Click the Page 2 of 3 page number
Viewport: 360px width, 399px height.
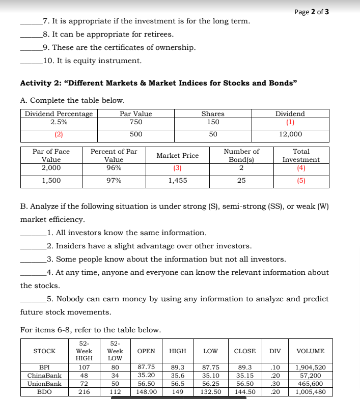[311, 12]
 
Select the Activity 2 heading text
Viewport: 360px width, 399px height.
[158, 83]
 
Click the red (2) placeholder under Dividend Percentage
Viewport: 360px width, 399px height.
[59, 134]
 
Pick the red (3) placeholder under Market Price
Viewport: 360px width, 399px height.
[177, 168]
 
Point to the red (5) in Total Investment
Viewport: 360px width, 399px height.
[301, 181]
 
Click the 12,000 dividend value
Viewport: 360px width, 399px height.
[290, 134]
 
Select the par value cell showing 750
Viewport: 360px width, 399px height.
[135, 122]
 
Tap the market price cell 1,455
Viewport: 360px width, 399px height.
[177, 181]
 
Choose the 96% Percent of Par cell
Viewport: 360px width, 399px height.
[114, 168]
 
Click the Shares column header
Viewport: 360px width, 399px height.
[213, 114]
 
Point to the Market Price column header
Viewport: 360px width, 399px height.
[177, 155]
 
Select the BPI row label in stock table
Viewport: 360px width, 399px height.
[44, 367]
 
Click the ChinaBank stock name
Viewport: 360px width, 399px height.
[44, 376]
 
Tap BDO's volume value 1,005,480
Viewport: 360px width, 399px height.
[310, 392]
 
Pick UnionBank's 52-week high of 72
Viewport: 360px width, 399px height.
[84, 384]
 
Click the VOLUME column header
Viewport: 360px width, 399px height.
[310, 351]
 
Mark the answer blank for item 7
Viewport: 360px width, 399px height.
[31, 21]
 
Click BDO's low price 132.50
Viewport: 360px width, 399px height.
[211, 392]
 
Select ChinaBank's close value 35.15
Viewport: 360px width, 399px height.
[245, 376]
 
